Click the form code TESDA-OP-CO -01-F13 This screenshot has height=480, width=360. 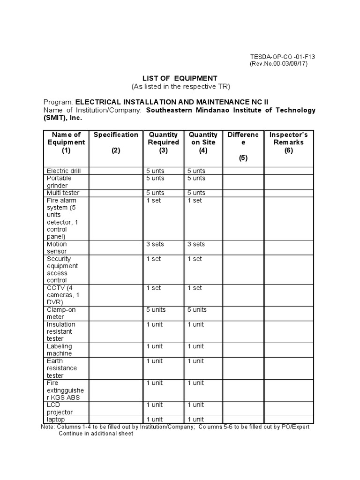(282, 57)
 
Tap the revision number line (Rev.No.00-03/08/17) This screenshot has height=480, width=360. (278, 64)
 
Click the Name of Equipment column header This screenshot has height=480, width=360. (66, 142)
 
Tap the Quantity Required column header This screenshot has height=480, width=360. (163, 142)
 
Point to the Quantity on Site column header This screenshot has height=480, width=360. (203, 142)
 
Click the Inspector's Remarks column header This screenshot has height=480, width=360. (289, 142)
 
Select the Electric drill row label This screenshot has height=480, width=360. (64, 171)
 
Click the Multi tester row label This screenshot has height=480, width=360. (63, 193)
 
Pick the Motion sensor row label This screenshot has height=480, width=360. (57, 247)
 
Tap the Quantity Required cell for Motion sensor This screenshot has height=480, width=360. (155, 244)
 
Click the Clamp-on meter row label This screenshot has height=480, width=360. (61, 313)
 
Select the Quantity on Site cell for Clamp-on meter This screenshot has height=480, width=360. (197, 310)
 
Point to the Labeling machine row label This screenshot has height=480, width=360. (60, 350)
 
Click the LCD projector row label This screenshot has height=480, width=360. (60, 408)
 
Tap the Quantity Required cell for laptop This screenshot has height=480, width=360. (155, 420)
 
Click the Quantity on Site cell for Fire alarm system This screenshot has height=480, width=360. (195, 200)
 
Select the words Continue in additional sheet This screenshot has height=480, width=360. (96, 434)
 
